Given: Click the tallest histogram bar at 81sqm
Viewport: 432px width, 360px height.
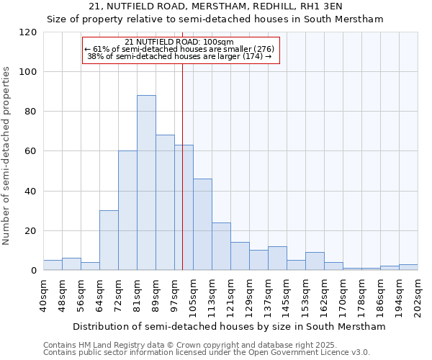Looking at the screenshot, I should point(146,183).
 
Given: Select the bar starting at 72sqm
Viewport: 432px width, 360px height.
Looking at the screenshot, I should point(127,210).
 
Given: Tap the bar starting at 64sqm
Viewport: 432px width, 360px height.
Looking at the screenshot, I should point(109,240).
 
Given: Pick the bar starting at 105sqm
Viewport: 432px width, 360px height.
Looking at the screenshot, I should point(202,225).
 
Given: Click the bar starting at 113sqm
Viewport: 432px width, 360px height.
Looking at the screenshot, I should point(221,246).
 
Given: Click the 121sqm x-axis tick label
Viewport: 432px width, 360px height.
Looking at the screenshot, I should point(231,295).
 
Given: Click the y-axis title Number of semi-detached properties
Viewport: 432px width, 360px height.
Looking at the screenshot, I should point(7,156).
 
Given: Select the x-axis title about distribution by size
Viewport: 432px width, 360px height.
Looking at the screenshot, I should point(229,326).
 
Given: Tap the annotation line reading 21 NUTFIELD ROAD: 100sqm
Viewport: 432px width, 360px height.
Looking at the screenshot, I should point(179,42).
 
